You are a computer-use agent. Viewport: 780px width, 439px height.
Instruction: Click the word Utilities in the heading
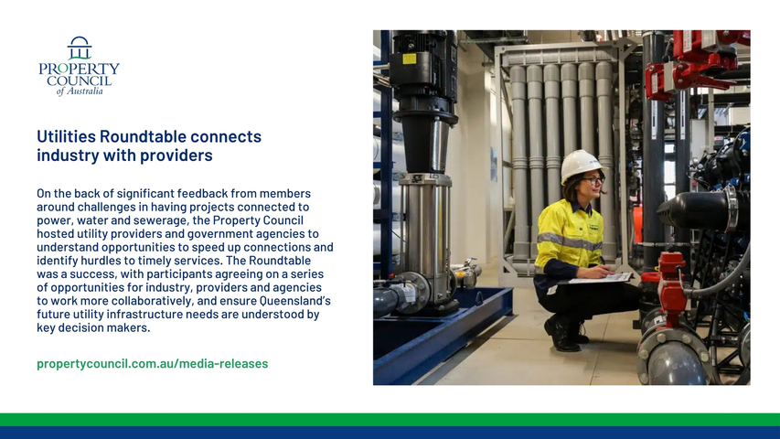(x=66, y=136)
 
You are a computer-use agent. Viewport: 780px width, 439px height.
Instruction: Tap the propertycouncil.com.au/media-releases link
(x=152, y=363)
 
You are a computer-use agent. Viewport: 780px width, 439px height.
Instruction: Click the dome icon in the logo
(x=80, y=48)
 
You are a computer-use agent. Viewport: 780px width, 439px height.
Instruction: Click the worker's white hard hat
(x=580, y=166)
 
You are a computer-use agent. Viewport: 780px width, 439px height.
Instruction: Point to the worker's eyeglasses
(x=594, y=179)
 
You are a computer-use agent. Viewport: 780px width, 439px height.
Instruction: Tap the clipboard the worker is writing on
(x=600, y=278)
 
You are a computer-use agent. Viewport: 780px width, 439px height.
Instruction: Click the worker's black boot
(x=562, y=335)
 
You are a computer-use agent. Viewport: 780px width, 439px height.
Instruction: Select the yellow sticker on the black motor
(x=409, y=59)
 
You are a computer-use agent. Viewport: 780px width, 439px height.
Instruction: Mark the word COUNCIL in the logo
(x=79, y=80)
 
